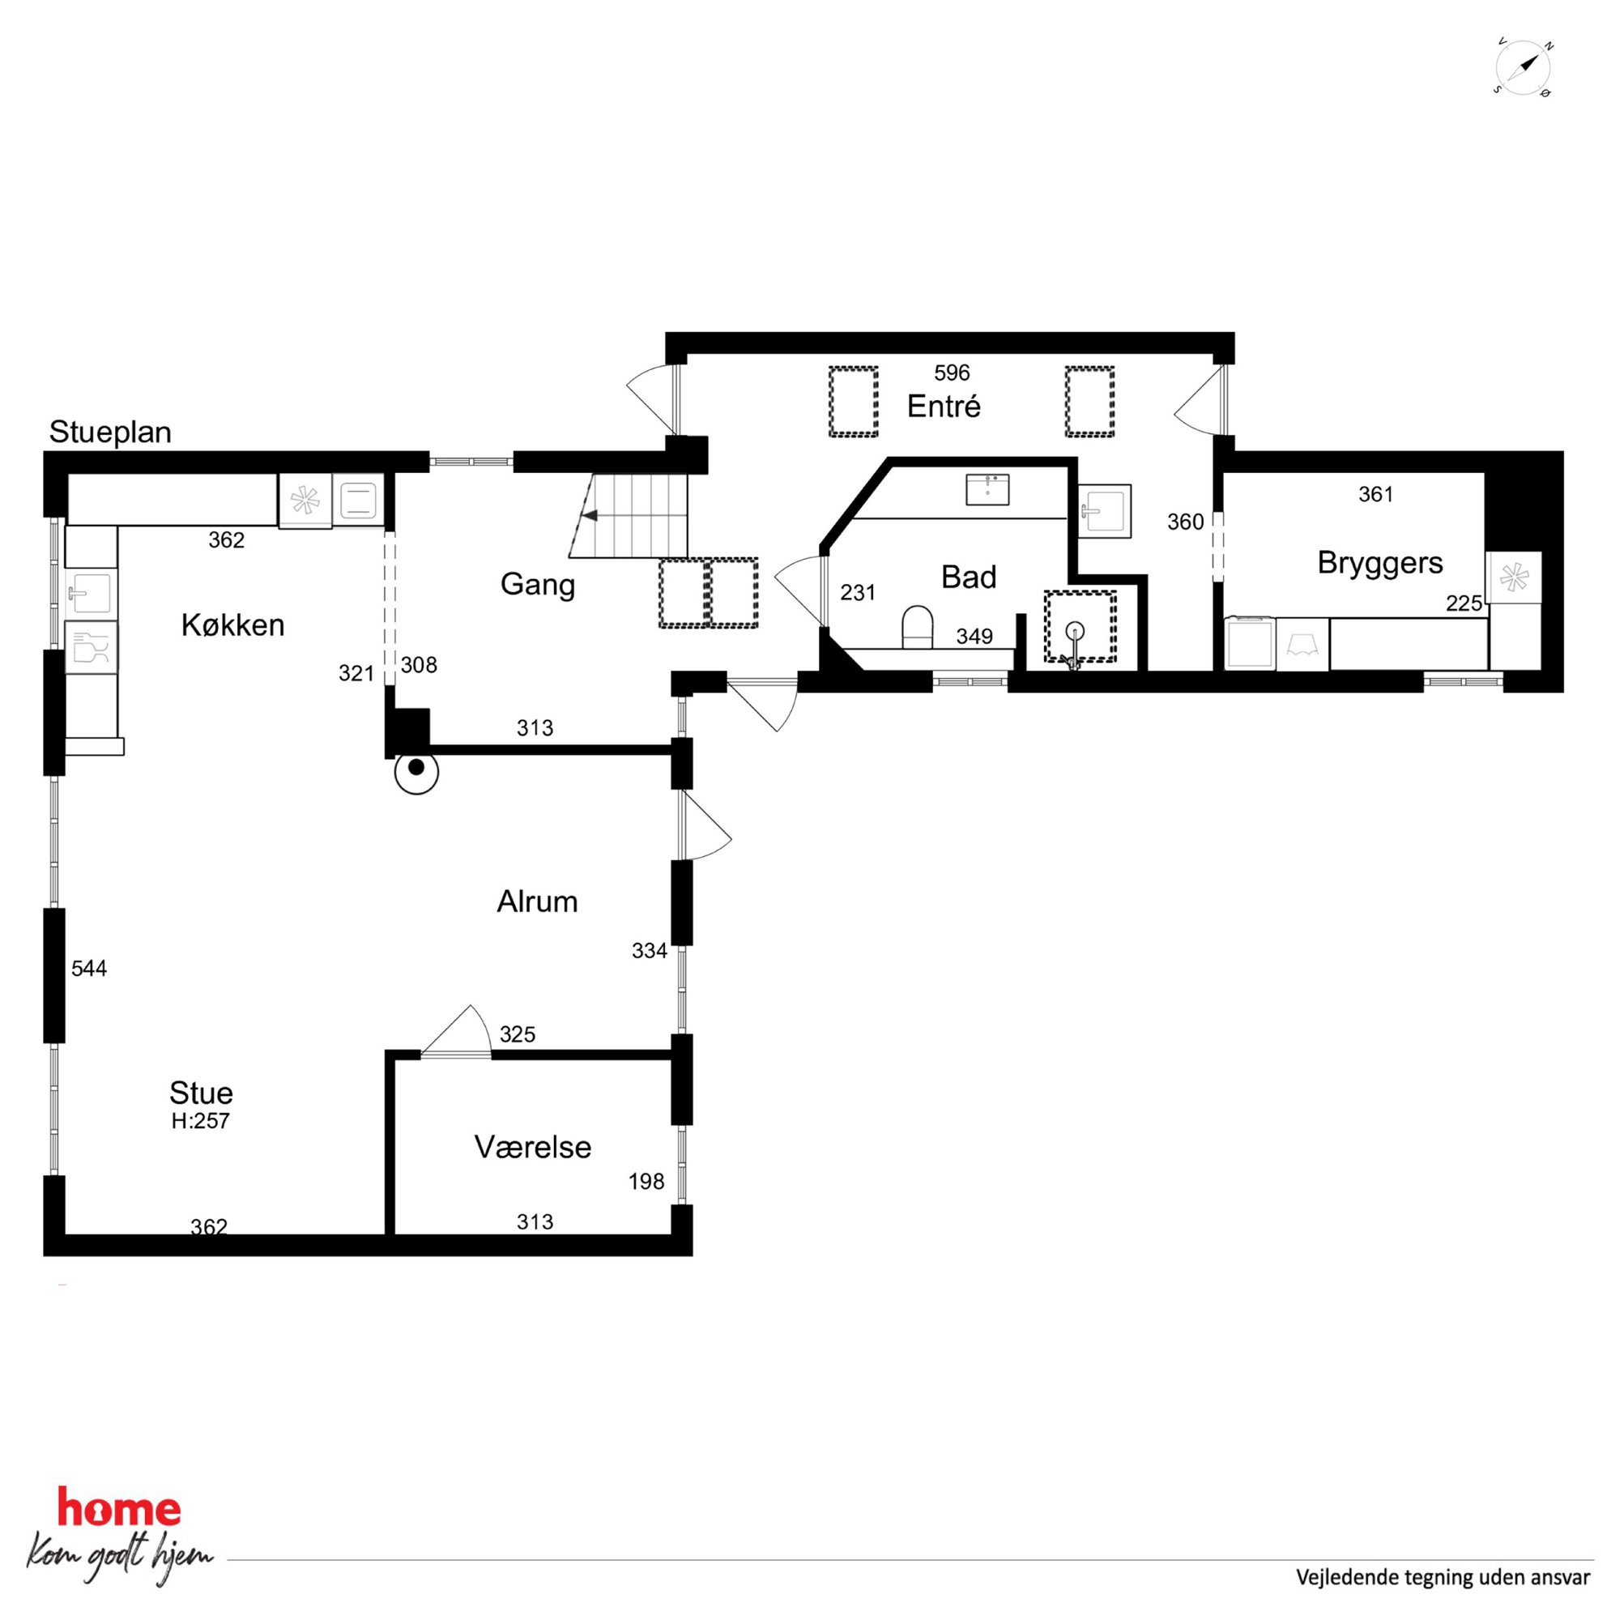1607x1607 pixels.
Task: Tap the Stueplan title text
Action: coord(111,433)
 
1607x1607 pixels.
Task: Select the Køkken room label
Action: coord(233,624)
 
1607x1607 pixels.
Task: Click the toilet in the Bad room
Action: coord(918,627)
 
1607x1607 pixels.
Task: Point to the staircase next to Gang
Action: coord(629,516)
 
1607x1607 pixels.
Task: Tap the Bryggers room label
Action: coord(1380,563)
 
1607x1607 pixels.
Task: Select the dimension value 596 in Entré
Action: coord(952,373)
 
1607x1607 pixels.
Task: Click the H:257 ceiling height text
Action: coord(200,1120)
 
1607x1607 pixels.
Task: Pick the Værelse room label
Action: coord(533,1147)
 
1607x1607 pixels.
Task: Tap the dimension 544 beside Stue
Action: coord(89,968)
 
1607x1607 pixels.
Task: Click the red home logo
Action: coord(119,1509)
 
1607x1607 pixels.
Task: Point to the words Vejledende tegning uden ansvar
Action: coord(1443,1577)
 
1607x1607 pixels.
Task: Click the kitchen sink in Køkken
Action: coord(90,593)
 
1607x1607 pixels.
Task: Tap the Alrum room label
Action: coord(537,902)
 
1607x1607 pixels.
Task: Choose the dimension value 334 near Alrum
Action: coord(650,951)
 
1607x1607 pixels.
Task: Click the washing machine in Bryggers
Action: coord(1250,642)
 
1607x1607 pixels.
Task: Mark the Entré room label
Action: coord(944,406)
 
